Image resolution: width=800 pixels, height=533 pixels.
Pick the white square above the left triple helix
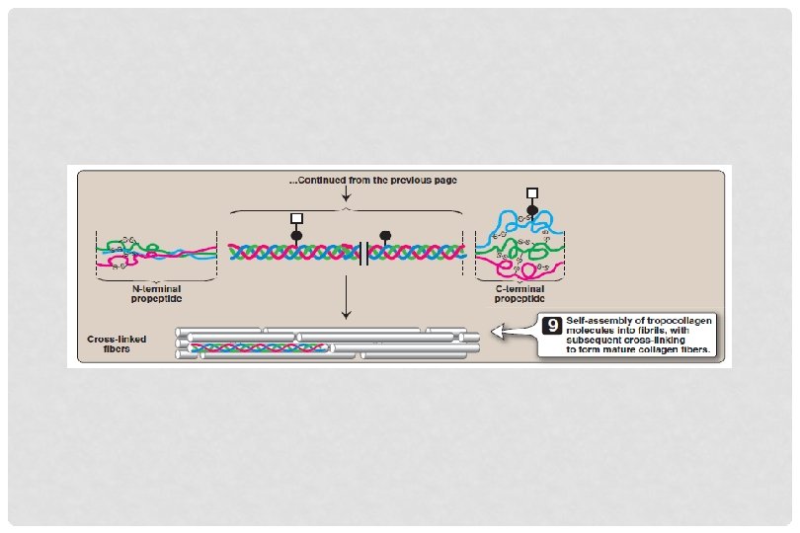tap(295, 218)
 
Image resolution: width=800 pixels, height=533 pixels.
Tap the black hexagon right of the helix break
tap(385, 236)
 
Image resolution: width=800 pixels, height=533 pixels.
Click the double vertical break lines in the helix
tap(363, 253)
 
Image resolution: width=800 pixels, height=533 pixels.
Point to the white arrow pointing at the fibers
tap(513, 334)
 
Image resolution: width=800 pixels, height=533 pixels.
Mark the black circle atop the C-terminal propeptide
tap(532, 210)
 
